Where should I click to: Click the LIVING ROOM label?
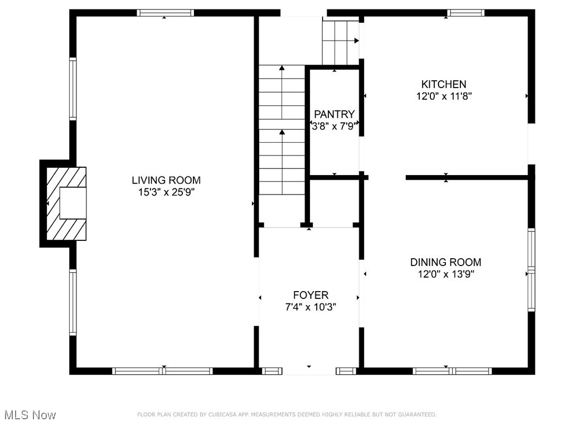click(x=166, y=180)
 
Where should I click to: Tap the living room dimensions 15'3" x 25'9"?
click(x=166, y=192)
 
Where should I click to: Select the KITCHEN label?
click(x=444, y=84)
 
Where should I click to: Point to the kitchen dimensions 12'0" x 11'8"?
click(x=444, y=96)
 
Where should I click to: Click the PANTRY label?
click(x=334, y=114)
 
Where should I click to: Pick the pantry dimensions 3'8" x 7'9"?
click(x=334, y=126)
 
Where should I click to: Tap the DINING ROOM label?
click(x=446, y=262)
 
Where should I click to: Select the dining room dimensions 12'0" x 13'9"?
click(x=446, y=274)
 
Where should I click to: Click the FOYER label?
click(x=310, y=295)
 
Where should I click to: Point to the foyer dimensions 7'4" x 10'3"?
click(x=310, y=307)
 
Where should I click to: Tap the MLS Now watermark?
click(x=29, y=415)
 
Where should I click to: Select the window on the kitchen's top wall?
click(x=466, y=13)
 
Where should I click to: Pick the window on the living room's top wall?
click(x=166, y=13)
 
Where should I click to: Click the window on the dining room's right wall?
click(x=531, y=270)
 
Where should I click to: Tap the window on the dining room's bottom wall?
click(x=452, y=371)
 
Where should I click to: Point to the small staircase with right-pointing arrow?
click(x=341, y=42)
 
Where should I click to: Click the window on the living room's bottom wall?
click(x=162, y=371)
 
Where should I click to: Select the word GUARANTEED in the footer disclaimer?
click(x=414, y=414)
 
